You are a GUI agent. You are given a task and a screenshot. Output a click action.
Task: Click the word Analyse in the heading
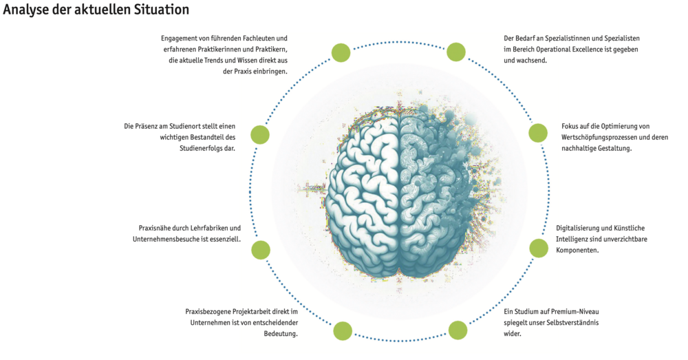coord(25,10)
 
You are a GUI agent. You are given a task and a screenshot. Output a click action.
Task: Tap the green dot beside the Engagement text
coord(341,52)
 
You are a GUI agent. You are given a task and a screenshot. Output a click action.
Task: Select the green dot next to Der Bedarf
coord(456,52)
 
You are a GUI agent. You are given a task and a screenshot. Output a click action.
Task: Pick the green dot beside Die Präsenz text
coord(259,135)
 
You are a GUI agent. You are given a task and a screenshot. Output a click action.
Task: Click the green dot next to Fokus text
coord(537,134)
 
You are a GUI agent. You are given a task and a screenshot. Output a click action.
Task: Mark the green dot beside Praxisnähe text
coord(260,249)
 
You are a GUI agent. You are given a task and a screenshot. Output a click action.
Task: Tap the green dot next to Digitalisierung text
coord(537,248)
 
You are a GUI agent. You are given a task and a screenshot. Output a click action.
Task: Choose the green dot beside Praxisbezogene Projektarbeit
coord(342,331)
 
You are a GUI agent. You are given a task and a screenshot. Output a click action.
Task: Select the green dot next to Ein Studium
coord(458,330)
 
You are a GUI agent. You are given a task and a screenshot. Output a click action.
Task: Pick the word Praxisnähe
coord(155,228)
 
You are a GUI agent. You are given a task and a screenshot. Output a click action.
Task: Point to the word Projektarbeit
coord(261,311)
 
